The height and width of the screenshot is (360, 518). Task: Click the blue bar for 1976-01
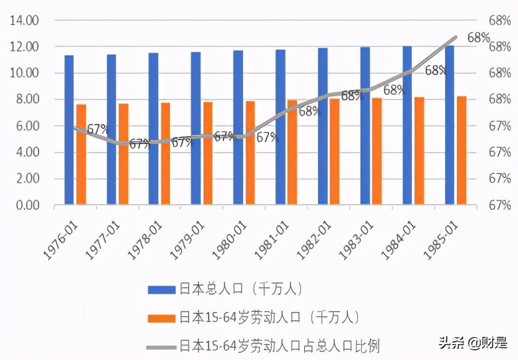[x=69, y=130]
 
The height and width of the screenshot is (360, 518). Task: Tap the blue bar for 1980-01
[x=238, y=128]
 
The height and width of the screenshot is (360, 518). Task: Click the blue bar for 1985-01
[x=450, y=125]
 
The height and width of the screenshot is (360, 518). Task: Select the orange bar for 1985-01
[x=462, y=150]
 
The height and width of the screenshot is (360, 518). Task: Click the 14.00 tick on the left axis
[x=24, y=21]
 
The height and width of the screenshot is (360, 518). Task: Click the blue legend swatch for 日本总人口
[x=162, y=289]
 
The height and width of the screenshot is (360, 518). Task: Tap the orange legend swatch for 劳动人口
[x=162, y=317]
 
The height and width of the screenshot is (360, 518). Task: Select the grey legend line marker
[x=162, y=345]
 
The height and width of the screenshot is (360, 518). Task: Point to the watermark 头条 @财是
[x=472, y=343]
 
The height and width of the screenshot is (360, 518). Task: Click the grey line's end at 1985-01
[x=456, y=37]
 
